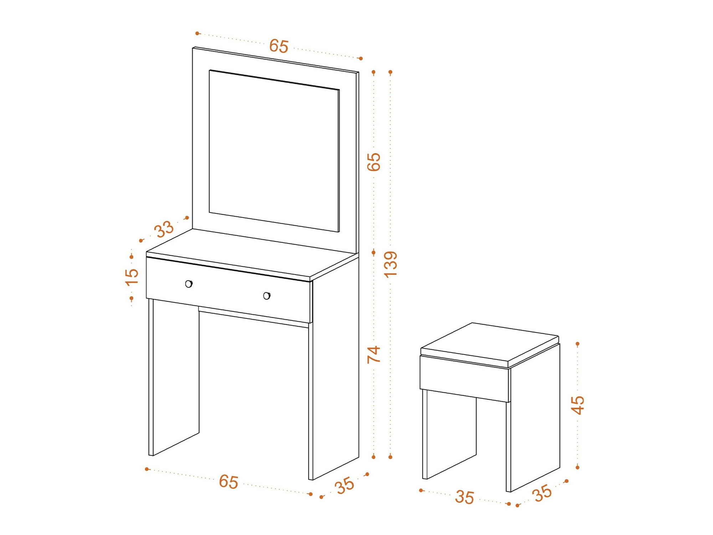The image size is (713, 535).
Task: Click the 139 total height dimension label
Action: click(x=391, y=264)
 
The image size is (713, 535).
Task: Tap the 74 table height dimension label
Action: click(x=374, y=355)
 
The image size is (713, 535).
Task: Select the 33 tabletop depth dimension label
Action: click(x=164, y=229)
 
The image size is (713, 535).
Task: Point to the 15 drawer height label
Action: click(x=132, y=277)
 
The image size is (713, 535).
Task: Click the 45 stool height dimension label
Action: click(x=578, y=405)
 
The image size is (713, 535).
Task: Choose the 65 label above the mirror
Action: click(x=279, y=46)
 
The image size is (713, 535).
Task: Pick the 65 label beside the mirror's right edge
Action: click(x=374, y=162)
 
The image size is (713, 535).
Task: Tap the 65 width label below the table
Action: click(x=229, y=482)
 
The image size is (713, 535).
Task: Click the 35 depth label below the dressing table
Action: click(x=345, y=485)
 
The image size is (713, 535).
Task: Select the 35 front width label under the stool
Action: click(x=465, y=497)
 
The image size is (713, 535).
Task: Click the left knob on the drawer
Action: click(x=189, y=284)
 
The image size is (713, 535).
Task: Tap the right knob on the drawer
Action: click(x=267, y=296)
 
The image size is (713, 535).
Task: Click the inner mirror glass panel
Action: click(x=274, y=151)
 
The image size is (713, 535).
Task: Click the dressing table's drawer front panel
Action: click(x=229, y=290)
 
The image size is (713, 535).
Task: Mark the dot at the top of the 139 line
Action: click(x=391, y=72)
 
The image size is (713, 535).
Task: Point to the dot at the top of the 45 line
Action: click(x=578, y=344)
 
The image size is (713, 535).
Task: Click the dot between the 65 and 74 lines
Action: click(x=374, y=253)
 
